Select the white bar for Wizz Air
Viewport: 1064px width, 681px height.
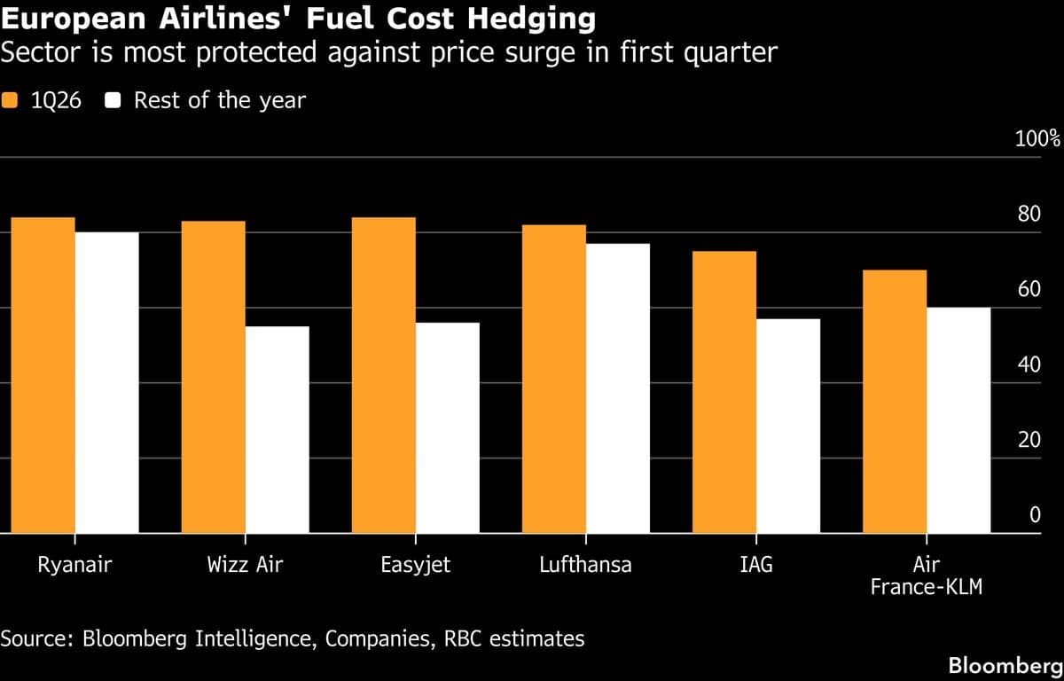coord(278,430)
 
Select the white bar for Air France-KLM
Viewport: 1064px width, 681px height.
coord(958,420)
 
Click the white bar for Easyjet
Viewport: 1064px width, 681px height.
coord(448,428)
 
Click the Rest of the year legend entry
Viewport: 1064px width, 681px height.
coord(206,100)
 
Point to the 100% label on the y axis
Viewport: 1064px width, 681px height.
coord(1037,139)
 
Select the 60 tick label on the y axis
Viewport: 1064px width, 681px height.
coord(1029,289)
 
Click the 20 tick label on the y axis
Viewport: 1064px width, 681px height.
coord(1029,440)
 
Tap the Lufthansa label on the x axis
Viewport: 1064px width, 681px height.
coord(585,565)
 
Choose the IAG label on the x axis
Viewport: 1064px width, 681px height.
coord(755,565)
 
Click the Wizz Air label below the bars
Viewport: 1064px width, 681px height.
coord(245,565)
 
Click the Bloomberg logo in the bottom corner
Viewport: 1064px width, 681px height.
coord(1005,665)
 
